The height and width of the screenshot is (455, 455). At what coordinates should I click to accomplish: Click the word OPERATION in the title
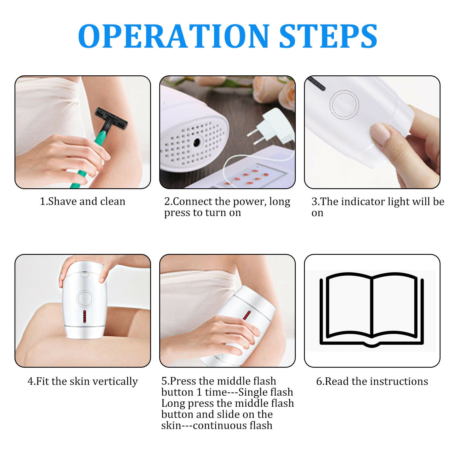[x=174, y=36]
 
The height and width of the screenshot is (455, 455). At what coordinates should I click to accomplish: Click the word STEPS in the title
[x=328, y=36]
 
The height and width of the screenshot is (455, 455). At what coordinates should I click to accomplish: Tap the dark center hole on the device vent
[x=197, y=142]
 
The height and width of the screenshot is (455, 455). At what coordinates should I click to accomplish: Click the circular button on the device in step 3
[x=344, y=104]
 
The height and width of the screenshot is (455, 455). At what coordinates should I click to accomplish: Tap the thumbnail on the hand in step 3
[x=380, y=133]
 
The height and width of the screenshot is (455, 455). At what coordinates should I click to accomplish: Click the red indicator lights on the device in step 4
[x=84, y=317]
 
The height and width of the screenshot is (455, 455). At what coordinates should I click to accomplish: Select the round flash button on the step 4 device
[x=85, y=299]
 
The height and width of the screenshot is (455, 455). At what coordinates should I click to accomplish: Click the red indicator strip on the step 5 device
[x=247, y=315]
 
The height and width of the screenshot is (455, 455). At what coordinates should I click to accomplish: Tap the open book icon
[x=372, y=310]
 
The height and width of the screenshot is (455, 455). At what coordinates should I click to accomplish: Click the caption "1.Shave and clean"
[x=82, y=201]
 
